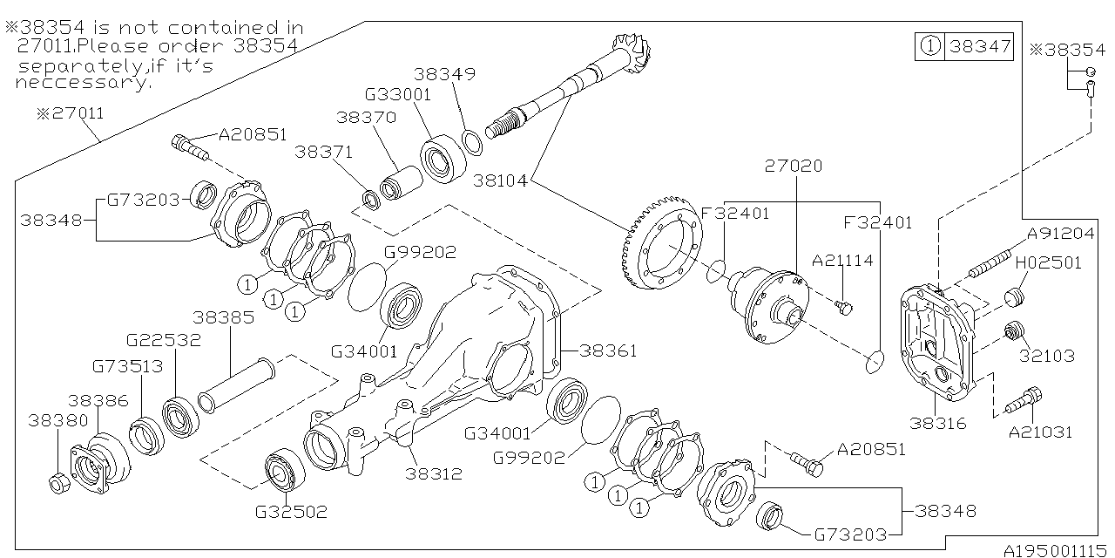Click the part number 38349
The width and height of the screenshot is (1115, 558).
[444, 75]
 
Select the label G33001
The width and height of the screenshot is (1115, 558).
[398, 95]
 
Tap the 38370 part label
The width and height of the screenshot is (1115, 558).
[366, 116]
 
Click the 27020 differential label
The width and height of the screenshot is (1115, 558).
[794, 166]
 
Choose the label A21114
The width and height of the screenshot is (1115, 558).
[842, 261]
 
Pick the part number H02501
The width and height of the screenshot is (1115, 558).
[1048, 262]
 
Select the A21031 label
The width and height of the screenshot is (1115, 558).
[1040, 432]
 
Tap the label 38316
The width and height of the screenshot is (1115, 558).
[937, 424]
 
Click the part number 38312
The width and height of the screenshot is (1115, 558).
[433, 474]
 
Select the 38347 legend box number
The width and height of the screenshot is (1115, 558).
[981, 47]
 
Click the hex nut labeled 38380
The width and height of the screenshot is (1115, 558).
[57, 481]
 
